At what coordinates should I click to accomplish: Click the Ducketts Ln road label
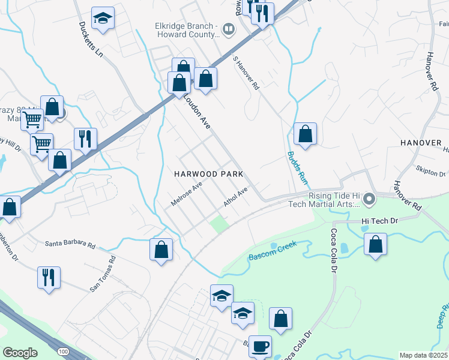pos(91,41)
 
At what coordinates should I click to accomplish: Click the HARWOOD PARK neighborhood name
pos(208,174)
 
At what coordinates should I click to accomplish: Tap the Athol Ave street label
pos(236,197)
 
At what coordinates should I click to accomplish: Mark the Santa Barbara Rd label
pos(70,245)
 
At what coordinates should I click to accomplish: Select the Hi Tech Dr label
pos(380,221)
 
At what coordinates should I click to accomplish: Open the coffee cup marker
pos(260,346)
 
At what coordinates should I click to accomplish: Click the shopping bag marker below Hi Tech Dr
pos(375,244)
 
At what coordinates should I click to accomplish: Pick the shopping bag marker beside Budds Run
pos(305,134)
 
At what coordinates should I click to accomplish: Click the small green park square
pos(220,225)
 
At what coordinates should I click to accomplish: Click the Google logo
pos(20,353)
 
